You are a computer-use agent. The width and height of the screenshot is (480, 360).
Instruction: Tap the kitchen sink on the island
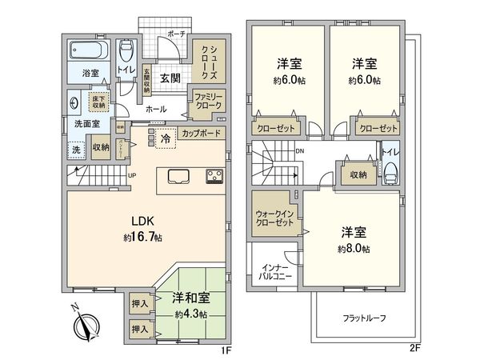(178, 177)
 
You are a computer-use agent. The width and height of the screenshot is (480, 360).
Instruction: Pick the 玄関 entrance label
(169, 78)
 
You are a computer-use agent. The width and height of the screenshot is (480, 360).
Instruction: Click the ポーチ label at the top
(176, 34)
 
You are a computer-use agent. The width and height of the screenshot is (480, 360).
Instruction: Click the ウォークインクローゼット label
(274, 218)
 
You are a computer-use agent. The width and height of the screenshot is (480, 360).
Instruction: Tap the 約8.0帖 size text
(354, 250)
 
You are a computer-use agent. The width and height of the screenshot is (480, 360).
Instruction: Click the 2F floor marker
(414, 348)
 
